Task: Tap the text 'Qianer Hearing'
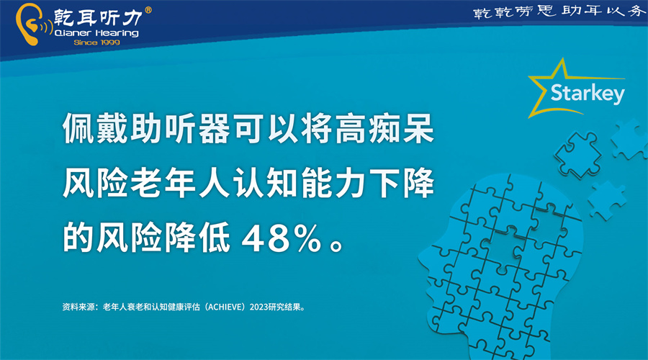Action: point(96,32)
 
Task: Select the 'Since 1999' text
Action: point(96,42)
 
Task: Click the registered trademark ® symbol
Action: point(148,10)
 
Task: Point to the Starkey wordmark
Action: point(588,94)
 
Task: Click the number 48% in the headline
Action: point(282,238)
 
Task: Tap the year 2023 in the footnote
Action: point(258,307)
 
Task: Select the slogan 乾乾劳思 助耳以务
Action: point(559,12)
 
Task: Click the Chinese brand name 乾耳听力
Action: point(99,17)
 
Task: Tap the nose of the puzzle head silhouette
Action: point(423,259)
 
